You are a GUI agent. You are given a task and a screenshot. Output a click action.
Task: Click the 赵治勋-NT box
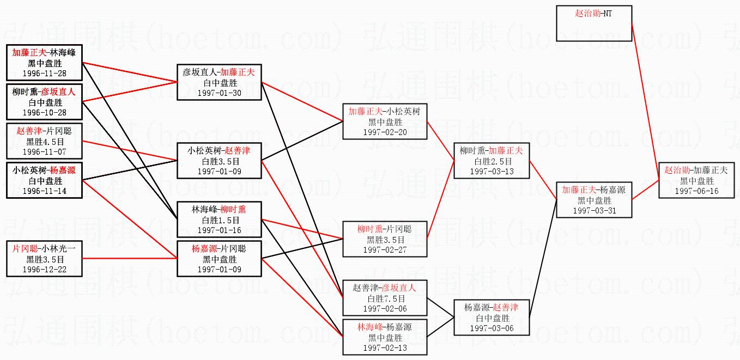(x=594, y=23)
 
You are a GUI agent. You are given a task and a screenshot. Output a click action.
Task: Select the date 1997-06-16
(x=697, y=191)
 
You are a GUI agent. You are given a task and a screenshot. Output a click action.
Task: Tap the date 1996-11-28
(x=45, y=74)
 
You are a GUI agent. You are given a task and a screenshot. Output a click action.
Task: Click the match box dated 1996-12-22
(x=44, y=259)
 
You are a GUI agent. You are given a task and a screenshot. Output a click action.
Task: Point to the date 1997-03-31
(x=595, y=211)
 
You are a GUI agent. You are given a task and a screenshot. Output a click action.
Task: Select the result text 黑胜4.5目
(x=45, y=142)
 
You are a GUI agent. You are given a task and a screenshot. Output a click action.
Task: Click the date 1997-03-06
(x=492, y=328)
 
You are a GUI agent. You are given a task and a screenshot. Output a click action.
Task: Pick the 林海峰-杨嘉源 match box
(x=385, y=337)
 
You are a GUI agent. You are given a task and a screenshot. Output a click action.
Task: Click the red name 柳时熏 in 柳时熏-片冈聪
(x=370, y=229)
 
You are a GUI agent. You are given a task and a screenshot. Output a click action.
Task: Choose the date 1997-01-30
(x=220, y=93)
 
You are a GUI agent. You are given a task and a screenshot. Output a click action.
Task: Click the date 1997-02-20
(x=385, y=132)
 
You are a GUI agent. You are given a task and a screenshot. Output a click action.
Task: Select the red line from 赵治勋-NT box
(x=645, y=101)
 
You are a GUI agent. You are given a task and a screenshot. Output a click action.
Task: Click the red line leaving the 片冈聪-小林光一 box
(x=130, y=258)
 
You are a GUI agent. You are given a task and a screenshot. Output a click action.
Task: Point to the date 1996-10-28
(x=45, y=113)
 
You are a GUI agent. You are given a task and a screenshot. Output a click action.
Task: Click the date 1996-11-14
(x=45, y=191)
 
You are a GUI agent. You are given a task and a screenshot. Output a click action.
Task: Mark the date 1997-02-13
(x=385, y=348)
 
